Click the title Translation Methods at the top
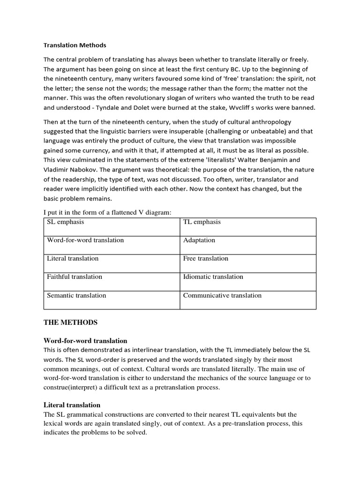click(75, 45)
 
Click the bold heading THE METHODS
click(70, 322)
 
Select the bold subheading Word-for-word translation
click(85, 341)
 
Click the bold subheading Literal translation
click(72, 405)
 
